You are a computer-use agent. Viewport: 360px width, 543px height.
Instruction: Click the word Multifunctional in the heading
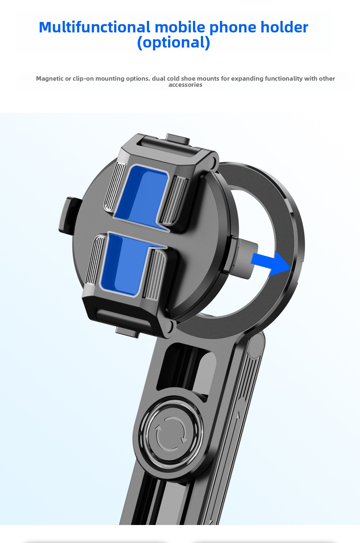(x=95, y=27)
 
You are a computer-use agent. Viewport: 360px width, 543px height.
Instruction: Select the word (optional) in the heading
(x=174, y=42)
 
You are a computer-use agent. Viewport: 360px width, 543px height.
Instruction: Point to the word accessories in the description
(x=185, y=85)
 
